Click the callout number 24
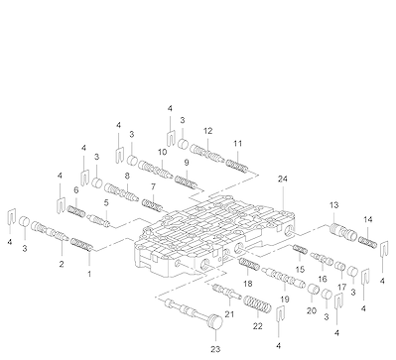283,179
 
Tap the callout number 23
215,349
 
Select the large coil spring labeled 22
257,304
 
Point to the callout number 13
334,205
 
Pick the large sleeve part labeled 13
343,231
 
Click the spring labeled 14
367,242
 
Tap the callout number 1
89,274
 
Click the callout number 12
207,131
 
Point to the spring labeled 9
187,181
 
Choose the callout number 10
162,152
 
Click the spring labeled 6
76,211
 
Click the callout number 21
229,314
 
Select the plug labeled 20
313,289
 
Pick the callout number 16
323,279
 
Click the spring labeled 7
153,204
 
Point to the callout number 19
285,300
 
